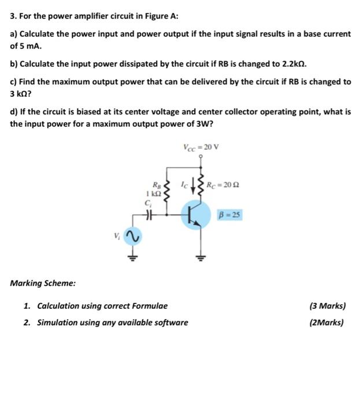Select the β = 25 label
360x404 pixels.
[x=230, y=215]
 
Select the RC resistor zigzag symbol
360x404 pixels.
[x=201, y=184]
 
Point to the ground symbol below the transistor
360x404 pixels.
[x=201, y=256]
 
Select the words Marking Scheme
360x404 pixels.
[x=43, y=283]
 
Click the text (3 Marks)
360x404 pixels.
[x=328, y=306]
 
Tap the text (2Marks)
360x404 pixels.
[x=326, y=323]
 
